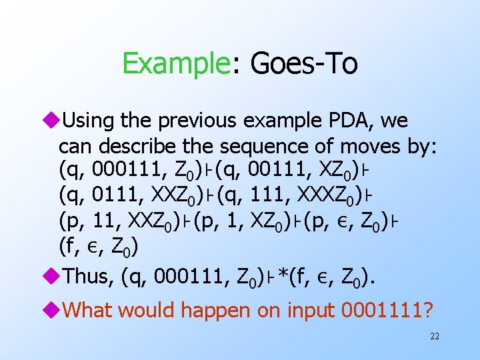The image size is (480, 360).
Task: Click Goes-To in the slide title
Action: (x=303, y=65)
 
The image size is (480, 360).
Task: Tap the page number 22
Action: (x=434, y=337)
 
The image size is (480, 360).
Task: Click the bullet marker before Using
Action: (x=52, y=121)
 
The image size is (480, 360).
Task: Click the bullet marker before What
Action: (x=52, y=310)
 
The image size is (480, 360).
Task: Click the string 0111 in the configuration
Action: (x=111, y=196)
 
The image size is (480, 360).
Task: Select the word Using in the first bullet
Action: (x=89, y=121)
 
